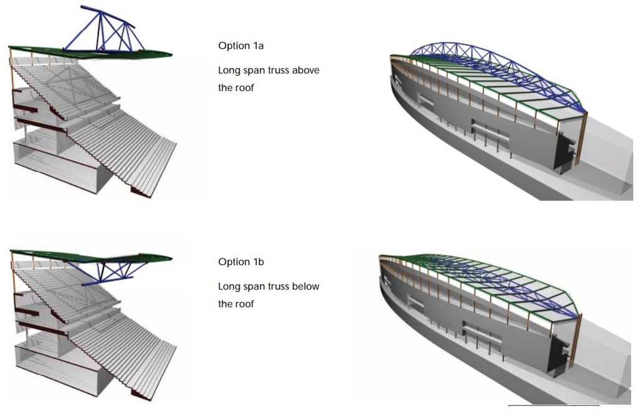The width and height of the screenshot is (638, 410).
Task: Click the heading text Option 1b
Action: click(241, 262)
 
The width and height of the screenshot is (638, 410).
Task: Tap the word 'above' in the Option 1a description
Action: click(305, 71)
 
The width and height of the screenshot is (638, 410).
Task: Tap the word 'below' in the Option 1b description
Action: click(305, 286)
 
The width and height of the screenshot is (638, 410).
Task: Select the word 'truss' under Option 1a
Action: click(277, 71)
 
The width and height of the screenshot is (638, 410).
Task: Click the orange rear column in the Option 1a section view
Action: click(11, 87)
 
